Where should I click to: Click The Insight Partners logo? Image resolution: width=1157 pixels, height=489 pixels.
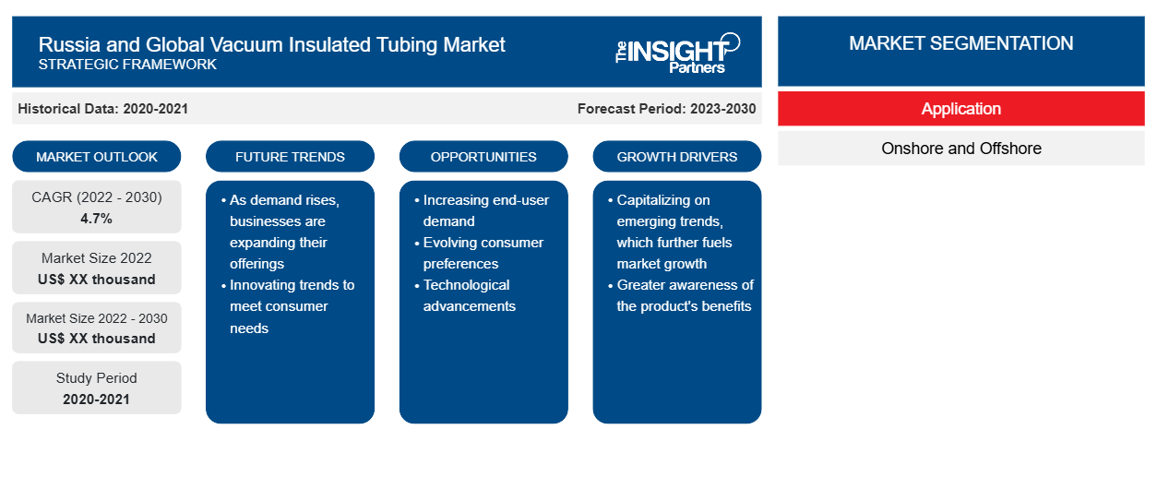click(677, 53)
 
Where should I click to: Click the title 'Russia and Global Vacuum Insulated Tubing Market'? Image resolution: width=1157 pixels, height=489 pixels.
click(271, 45)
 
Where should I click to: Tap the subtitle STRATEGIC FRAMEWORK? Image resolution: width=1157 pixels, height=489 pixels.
click(127, 65)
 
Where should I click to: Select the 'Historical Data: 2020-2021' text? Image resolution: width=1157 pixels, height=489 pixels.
click(102, 109)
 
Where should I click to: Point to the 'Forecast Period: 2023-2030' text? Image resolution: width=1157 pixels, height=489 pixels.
click(666, 109)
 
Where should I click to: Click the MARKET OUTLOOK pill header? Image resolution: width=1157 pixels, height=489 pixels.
click(97, 157)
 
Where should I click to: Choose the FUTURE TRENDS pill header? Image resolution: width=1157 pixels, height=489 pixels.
click(290, 157)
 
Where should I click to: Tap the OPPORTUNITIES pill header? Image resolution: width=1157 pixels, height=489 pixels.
click(483, 157)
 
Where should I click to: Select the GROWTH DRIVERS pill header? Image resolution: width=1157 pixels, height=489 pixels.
click(676, 157)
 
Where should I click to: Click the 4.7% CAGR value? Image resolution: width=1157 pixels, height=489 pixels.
click(97, 219)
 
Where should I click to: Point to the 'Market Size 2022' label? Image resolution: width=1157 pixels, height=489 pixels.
click(97, 258)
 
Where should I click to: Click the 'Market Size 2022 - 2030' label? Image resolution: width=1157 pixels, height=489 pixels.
click(97, 318)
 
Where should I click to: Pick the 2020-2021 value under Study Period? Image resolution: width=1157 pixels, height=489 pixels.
click(97, 400)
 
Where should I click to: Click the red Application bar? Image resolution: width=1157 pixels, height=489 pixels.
click(961, 109)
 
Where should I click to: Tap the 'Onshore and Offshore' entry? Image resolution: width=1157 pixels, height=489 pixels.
click(961, 149)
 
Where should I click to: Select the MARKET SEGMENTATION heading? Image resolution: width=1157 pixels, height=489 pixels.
click(961, 43)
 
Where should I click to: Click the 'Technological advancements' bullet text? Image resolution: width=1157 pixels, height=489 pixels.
click(469, 295)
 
